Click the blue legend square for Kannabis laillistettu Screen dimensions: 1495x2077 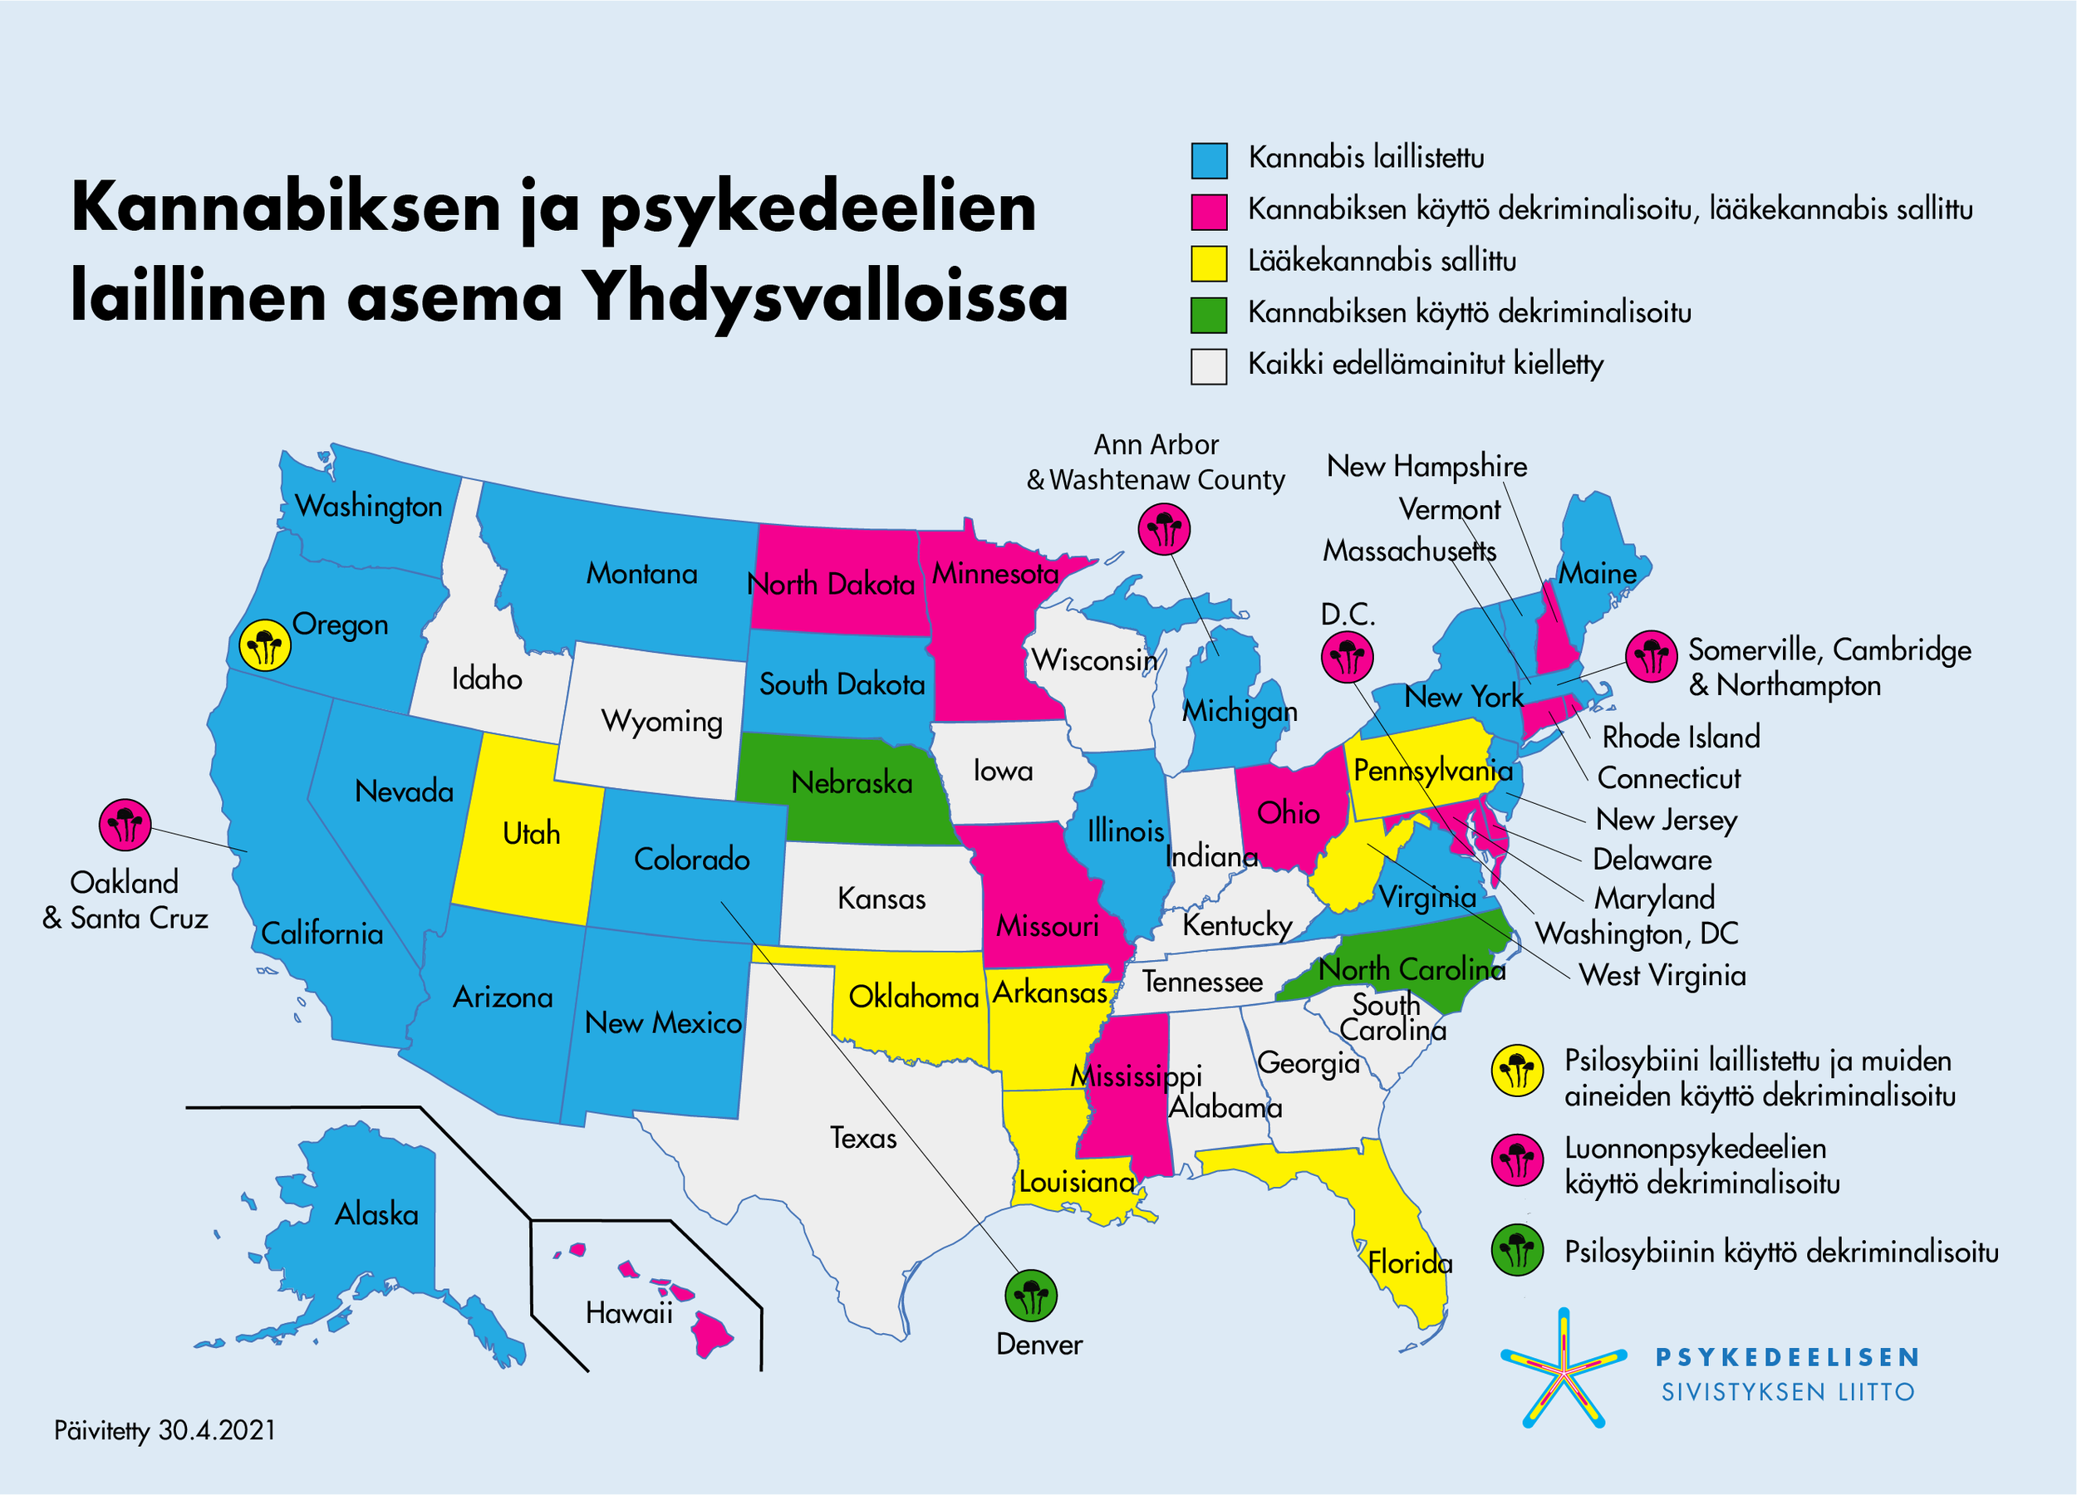coord(1209,160)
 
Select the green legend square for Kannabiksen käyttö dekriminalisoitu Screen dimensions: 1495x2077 coord(1209,315)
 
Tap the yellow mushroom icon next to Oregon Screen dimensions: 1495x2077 coord(265,645)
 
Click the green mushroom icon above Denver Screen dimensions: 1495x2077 coord(1031,1295)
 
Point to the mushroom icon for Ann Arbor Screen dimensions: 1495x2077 coord(1164,528)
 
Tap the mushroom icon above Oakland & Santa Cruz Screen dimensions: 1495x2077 coord(125,824)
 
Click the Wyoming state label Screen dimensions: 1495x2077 coord(661,722)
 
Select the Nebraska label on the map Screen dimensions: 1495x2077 coord(852,782)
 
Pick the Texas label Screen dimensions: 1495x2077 coord(862,1138)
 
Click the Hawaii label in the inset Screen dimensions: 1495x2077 coord(628,1314)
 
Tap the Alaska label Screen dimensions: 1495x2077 coord(376,1214)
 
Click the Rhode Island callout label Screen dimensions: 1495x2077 coord(1681,737)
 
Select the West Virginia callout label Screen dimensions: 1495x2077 coord(1662,975)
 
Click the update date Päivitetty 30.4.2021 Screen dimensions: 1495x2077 coord(164,1430)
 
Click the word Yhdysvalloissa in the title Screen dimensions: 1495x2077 coord(826,297)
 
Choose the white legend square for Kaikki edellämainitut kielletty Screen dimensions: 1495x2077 coord(1209,366)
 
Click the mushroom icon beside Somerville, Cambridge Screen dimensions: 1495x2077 coord(1651,655)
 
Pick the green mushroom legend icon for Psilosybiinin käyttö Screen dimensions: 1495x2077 coord(1516,1251)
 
